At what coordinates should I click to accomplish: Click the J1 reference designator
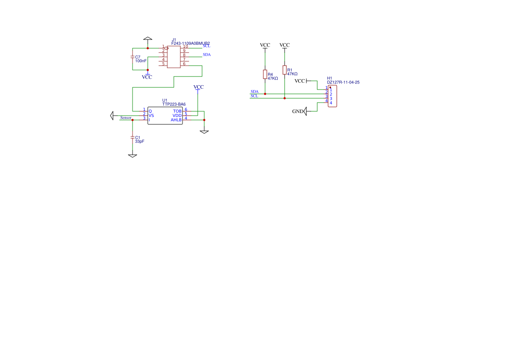174,40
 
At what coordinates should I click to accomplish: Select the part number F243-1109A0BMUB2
191,43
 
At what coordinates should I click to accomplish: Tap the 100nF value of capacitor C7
141,61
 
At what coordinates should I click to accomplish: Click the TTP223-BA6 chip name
174,104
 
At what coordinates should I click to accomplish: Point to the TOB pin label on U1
177,111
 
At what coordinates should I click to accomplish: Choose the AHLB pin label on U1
176,120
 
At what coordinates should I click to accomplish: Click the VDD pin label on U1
177,116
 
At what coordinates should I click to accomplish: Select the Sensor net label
126,118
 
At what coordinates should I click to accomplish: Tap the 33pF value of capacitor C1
139,141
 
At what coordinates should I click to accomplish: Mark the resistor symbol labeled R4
265,74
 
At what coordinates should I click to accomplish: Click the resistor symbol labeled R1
285,70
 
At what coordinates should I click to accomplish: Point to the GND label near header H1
297,112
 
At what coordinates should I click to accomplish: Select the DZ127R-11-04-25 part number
343,82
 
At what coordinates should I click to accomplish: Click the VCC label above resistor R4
265,45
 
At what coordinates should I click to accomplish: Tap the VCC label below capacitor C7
147,77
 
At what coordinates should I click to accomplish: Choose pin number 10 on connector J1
186,47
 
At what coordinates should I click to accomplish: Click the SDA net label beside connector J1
207,54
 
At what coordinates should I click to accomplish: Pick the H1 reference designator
329,78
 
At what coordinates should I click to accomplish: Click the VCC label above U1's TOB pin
198,87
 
